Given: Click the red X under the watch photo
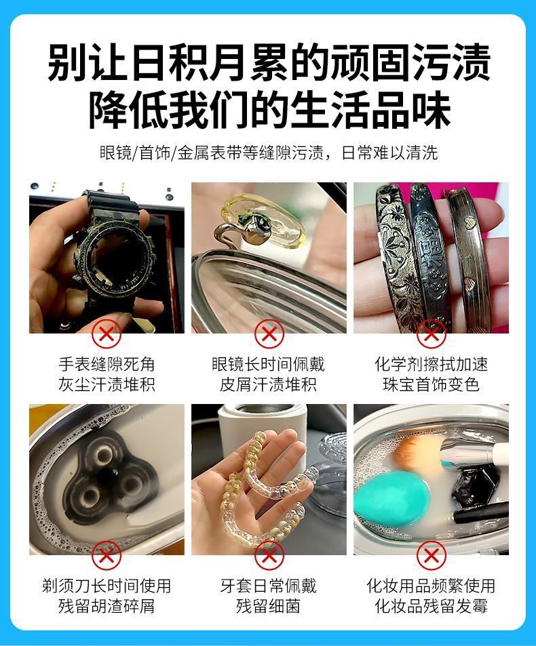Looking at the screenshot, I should (x=106, y=334).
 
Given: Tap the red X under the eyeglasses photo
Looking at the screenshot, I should (x=269, y=334).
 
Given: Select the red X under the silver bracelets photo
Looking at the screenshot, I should (x=431, y=334).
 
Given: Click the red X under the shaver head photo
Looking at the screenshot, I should (x=106, y=555).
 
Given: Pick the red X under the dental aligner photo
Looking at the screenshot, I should (x=269, y=555).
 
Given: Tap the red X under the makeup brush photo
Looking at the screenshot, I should (x=431, y=555).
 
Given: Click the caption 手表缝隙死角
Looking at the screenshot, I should (x=107, y=364).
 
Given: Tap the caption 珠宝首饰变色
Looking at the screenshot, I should (x=431, y=384).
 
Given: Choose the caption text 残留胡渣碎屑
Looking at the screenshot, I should (x=107, y=606).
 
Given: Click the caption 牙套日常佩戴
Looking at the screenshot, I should (x=269, y=586).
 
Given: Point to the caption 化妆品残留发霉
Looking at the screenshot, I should (x=431, y=606).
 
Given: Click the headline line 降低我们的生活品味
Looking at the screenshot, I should (x=269, y=109).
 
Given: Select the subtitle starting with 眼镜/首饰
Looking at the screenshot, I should (x=269, y=153).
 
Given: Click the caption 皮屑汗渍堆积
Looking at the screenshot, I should (x=269, y=384).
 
